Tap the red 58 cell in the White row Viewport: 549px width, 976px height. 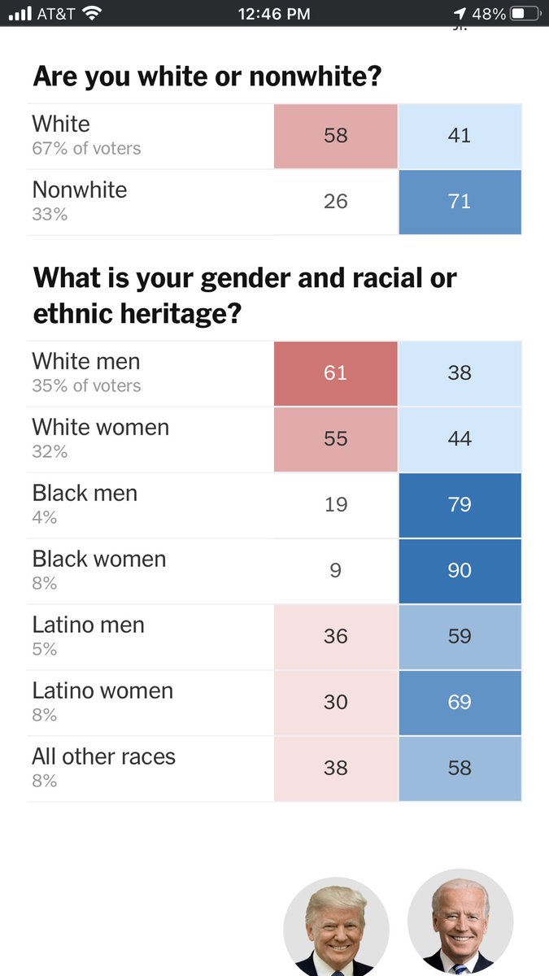[335, 136]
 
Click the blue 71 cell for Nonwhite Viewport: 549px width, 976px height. [460, 202]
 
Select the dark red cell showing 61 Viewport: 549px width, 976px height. [335, 373]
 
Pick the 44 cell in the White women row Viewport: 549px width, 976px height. [460, 439]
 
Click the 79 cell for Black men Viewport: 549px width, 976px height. [460, 505]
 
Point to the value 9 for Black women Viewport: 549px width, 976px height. [335, 571]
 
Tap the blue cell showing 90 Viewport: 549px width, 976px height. [460, 571]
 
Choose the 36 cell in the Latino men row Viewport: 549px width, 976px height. [335, 637]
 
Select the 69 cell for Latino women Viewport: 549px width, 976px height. [460, 703]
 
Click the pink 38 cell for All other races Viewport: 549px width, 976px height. [335, 769]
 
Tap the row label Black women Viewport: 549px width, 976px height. [99, 560]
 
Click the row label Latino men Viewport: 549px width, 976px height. [88, 625]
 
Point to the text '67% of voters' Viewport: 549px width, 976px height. [86, 149]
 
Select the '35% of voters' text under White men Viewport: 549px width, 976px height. [86, 386]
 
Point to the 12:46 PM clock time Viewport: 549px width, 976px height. [274, 14]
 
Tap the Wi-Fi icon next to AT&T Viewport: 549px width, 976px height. [92, 14]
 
